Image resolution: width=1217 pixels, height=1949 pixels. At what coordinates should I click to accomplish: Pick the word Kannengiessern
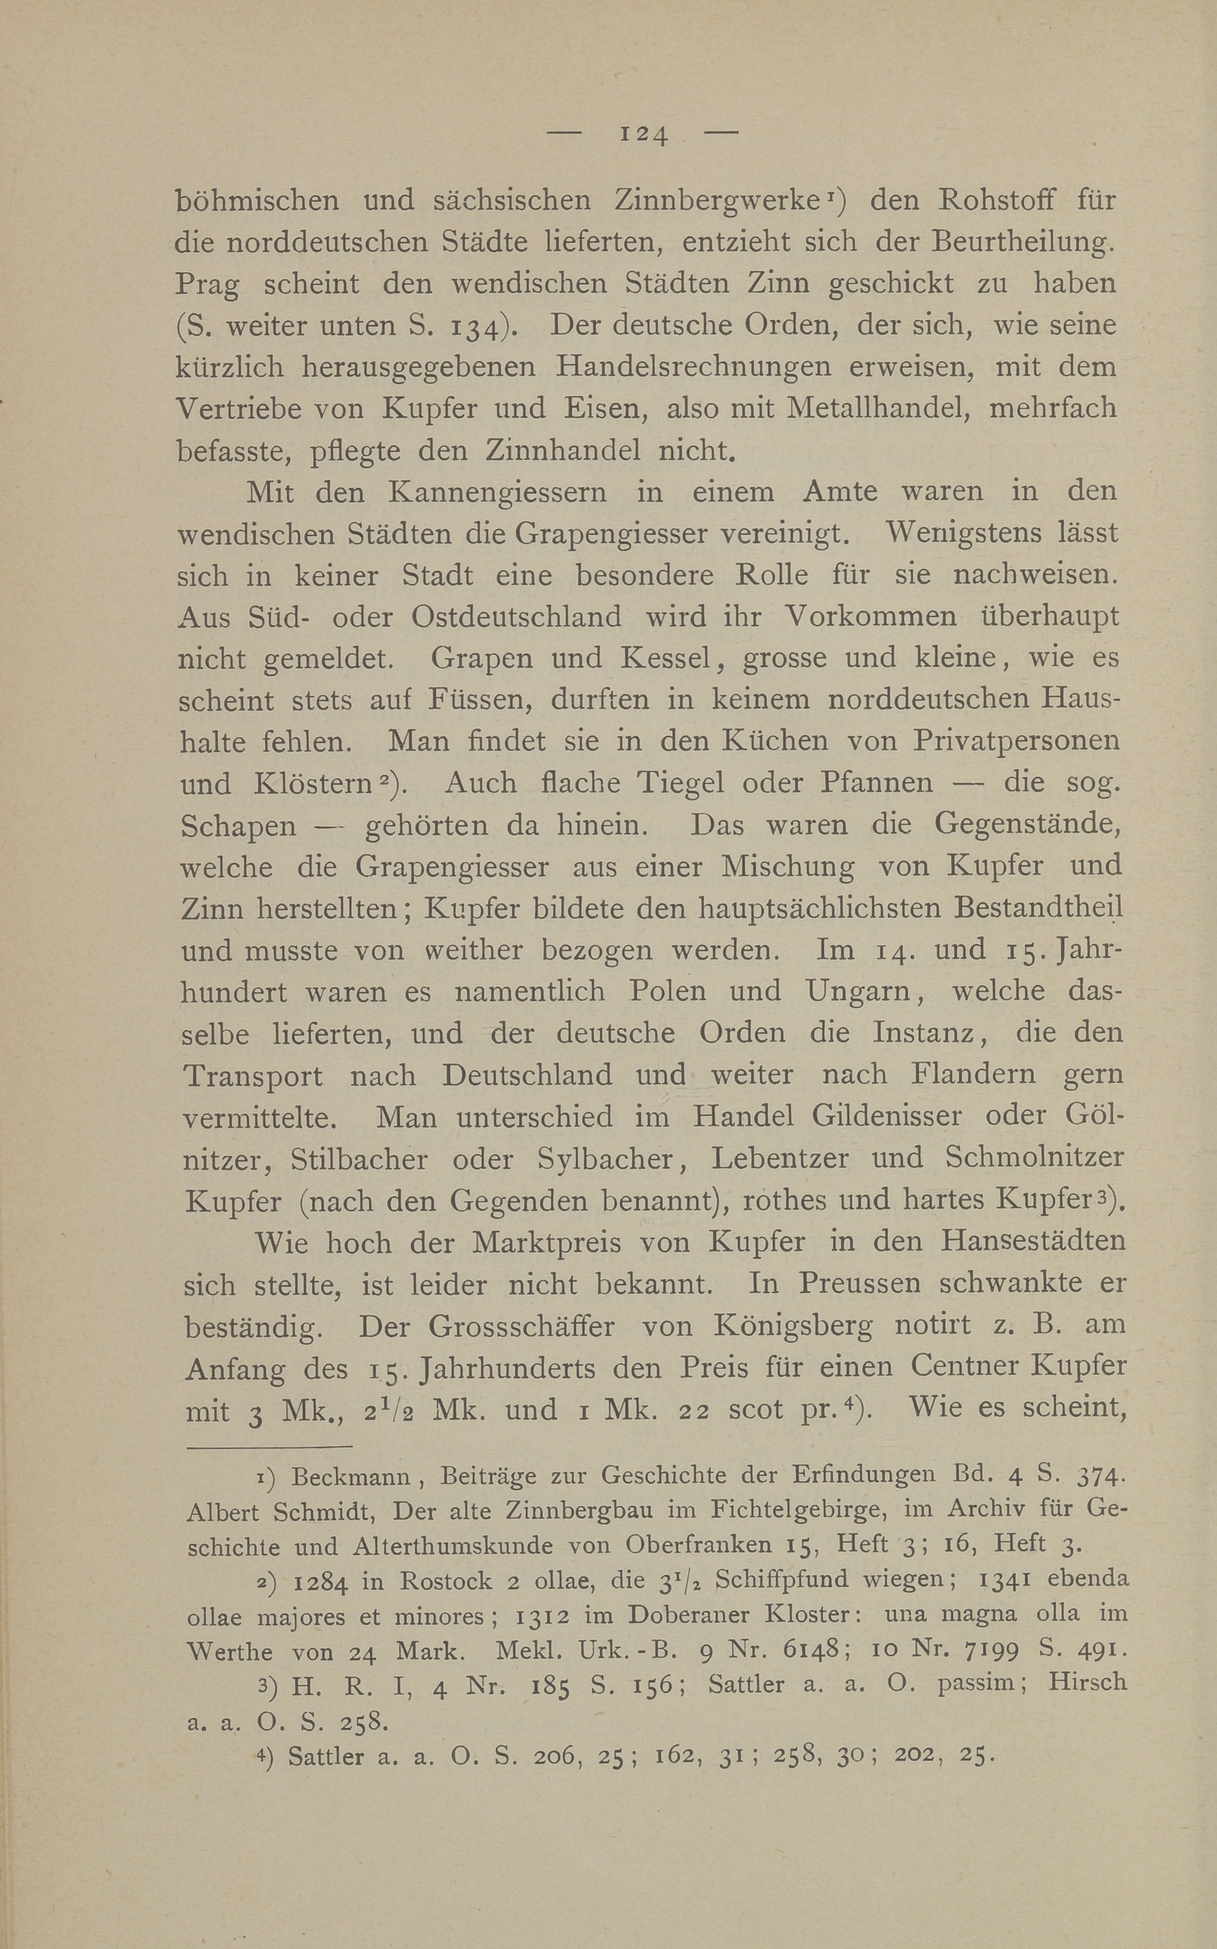click(x=499, y=492)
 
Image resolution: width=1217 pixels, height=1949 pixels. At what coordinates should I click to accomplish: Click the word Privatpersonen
click(x=1016, y=740)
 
